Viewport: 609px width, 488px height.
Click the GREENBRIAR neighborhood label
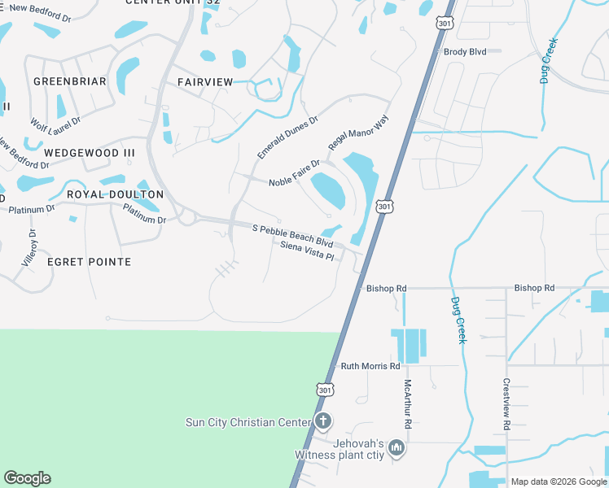[x=70, y=81]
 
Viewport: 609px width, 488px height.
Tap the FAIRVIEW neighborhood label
[x=205, y=82]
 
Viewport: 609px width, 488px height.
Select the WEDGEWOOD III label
[x=90, y=153]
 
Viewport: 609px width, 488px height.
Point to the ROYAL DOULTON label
[x=115, y=194]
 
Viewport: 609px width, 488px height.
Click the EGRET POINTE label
[x=89, y=262]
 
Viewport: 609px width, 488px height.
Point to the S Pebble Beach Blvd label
[x=292, y=236]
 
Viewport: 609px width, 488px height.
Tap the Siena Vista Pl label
[x=308, y=251]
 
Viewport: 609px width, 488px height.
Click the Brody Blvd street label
[x=465, y=51]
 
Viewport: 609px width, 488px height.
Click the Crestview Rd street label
[x=506, y=404]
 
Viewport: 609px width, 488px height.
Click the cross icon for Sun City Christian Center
[x=323, y=421]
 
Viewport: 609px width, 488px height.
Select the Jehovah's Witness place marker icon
[x=397, y=447]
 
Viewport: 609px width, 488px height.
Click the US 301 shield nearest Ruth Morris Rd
[x=326, y=390]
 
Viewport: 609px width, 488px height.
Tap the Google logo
[x=27, y=478]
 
